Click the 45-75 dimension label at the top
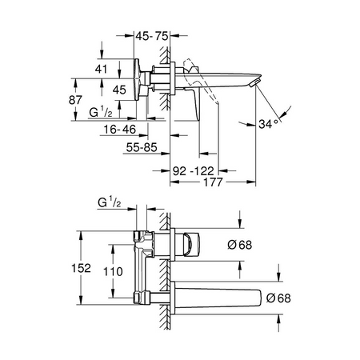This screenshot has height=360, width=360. point(152,36)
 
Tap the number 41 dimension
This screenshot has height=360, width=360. point(101,69)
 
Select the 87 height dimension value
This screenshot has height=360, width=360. point(75,100)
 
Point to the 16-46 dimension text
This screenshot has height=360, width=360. point(120,130)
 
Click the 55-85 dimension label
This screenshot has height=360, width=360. point(142,147)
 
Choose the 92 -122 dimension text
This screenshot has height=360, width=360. point(194,171)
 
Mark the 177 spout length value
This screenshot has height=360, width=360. point(213,182)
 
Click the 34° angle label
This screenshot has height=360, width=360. point(268,124)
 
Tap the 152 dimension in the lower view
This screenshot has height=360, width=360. point(81,268)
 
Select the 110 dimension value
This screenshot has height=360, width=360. point(113,272)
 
